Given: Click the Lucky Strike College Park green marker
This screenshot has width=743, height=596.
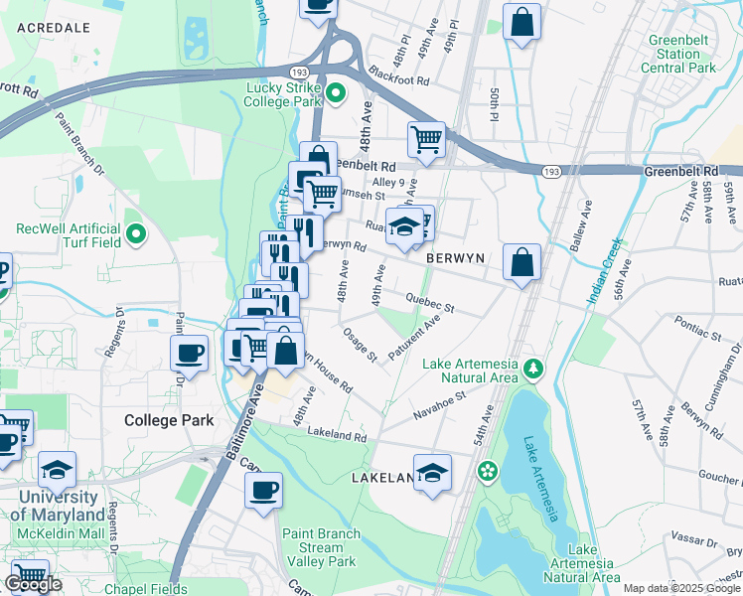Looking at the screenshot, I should pyautogui.click(x=336, y=94).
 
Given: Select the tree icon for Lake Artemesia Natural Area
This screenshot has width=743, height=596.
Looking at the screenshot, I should pyautogui.click(x=533, y=371).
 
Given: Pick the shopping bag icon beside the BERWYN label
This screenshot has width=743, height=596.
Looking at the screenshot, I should pyautogui.click(x=521, y=262).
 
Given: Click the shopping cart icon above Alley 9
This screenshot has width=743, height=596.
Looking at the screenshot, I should pyautogui.click(x=426, y=139).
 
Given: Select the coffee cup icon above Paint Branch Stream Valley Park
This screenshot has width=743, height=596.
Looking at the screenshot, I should pyautogui.click(x=264, y=490).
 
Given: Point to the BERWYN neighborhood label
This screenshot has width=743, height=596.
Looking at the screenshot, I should pyautogui.click(x=455, y=258).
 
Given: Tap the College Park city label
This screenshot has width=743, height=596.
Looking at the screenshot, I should pyautogui.click(x=169, y=420).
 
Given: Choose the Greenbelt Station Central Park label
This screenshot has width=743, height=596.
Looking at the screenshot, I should pyautogui.click(x=678, y=54).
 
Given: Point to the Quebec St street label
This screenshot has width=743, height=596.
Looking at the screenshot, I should pyautogui.click(x=430, y=303).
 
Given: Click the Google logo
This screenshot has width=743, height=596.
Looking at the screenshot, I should pyautogui.click(x=33, y=584).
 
